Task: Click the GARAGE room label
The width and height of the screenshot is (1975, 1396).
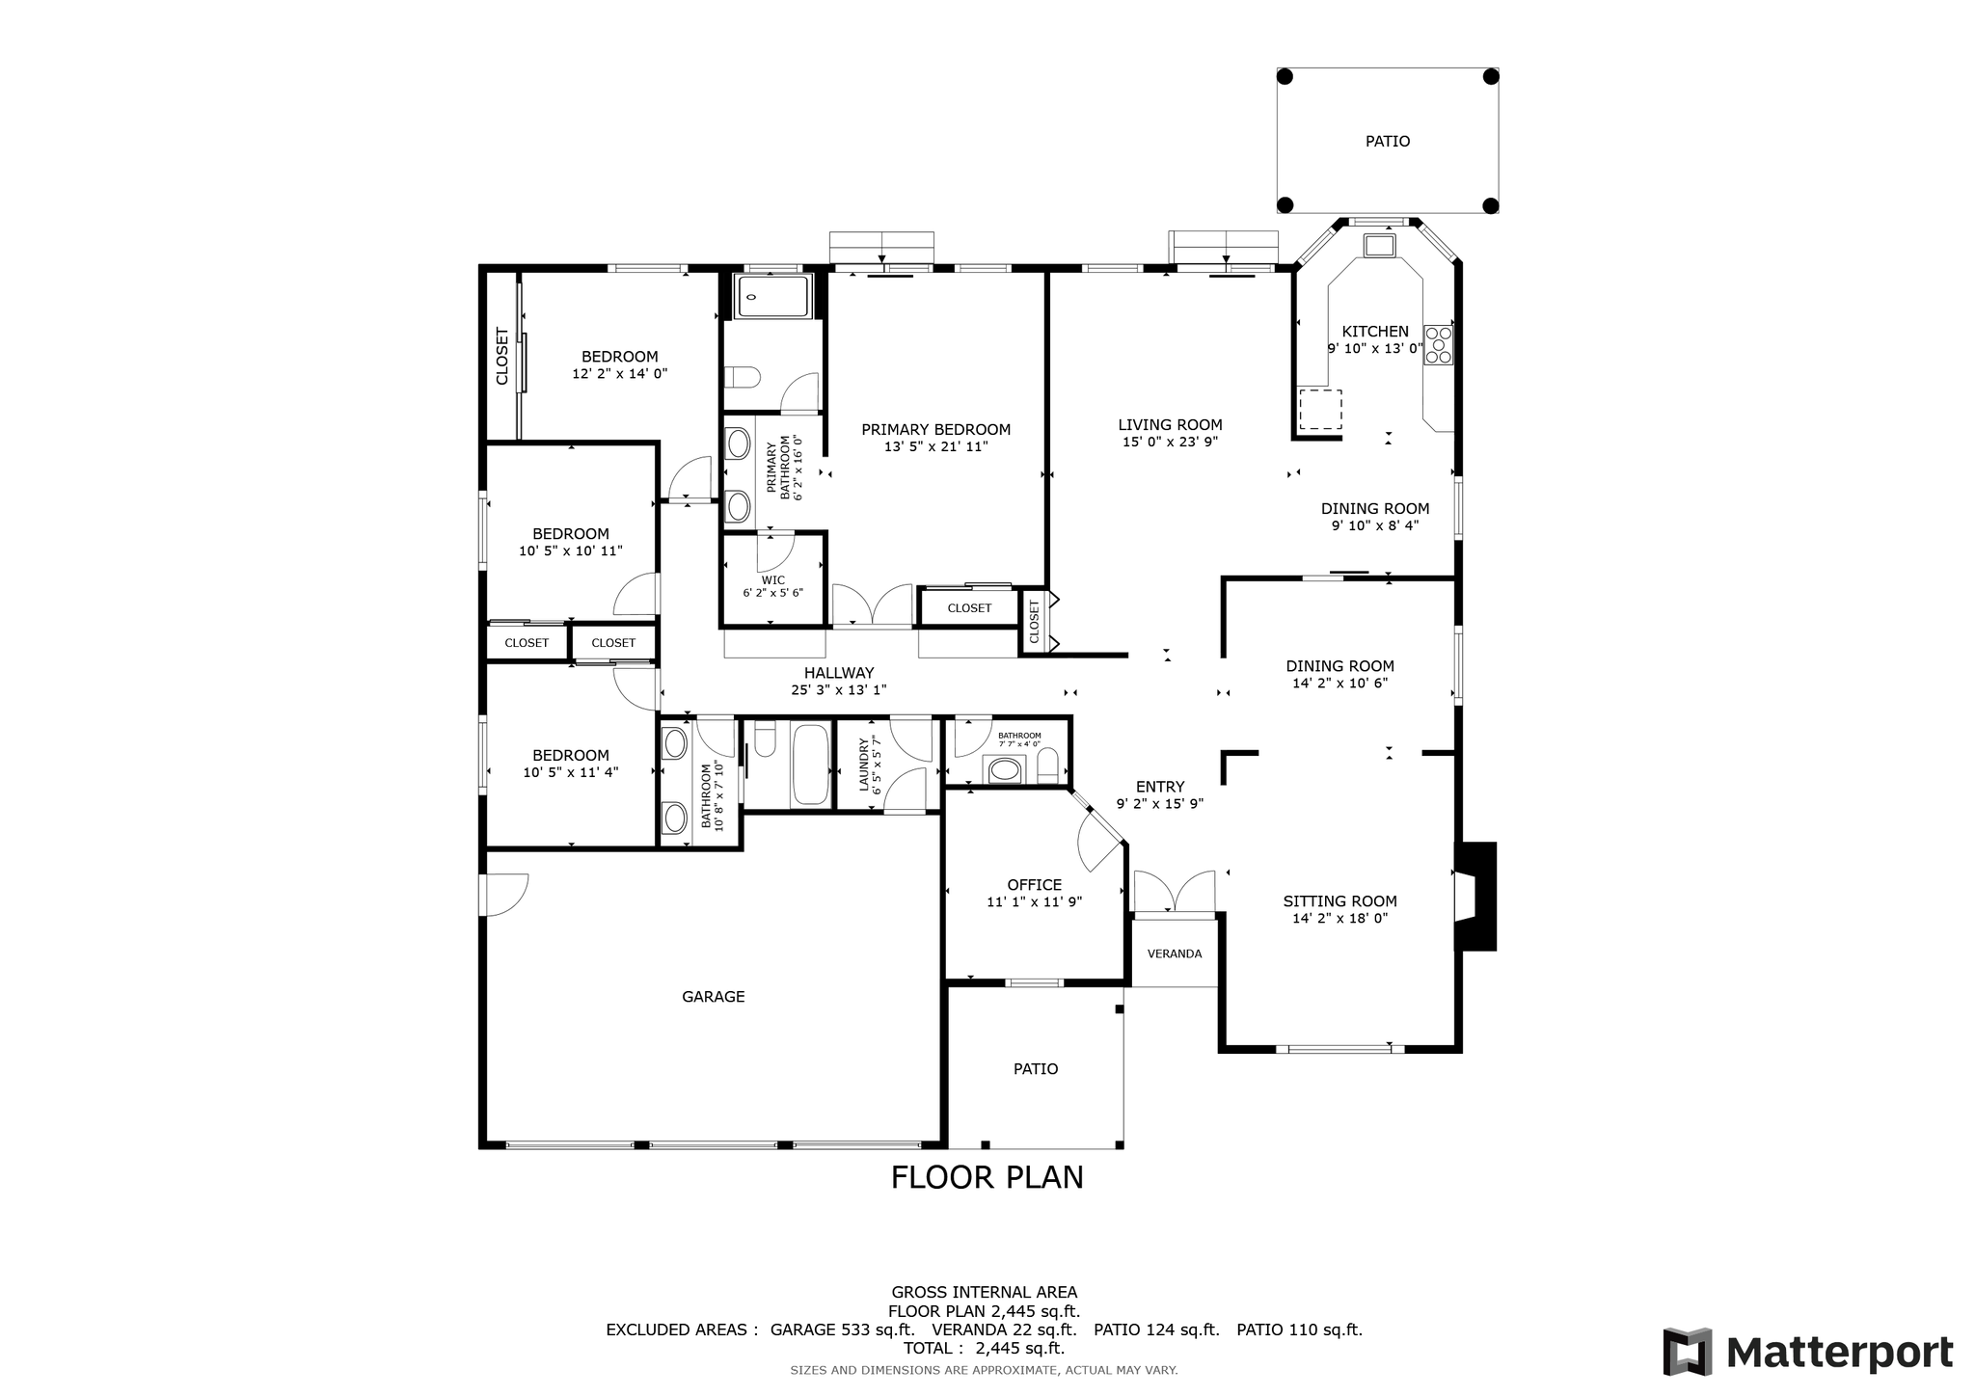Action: pos(713,997)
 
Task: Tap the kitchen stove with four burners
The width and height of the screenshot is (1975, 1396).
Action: pos(1438,345)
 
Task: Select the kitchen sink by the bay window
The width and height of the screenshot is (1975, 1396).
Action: pos(1379,245)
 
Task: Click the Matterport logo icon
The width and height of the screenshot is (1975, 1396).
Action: pos(1687,1352)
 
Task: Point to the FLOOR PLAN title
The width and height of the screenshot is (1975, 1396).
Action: pos(987,1178)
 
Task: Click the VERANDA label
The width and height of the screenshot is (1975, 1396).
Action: pos(1174,954)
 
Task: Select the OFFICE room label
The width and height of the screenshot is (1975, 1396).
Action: pos(1034,885)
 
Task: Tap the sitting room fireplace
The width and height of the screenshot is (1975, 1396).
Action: pos(1475,897)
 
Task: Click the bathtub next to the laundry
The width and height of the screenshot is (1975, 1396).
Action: pos(810,765)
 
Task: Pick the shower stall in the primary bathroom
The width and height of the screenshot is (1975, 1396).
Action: pos(773,296)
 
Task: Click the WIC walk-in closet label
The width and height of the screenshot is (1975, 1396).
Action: pos(772,580)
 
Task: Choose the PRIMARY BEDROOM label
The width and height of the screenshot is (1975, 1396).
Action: pos(935,430)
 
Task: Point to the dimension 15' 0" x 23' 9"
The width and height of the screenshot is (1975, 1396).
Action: pos(1170,443)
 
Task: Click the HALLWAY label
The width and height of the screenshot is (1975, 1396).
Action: pos(839,673)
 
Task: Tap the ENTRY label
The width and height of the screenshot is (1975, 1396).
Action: pos(1159,787)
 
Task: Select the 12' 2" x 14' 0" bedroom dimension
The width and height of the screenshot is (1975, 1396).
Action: pos(619,374)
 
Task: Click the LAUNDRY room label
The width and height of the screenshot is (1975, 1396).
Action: pos(864,765)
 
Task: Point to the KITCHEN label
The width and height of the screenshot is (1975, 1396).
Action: pos(1374,332)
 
